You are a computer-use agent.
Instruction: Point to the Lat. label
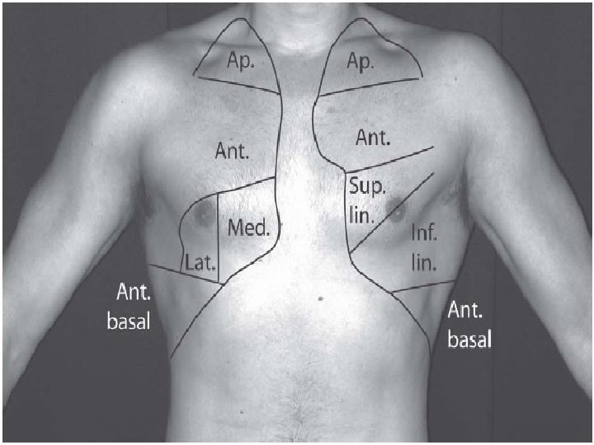[200, 265]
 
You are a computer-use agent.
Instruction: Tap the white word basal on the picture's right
[469, 338]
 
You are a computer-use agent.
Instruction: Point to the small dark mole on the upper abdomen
[318, 297]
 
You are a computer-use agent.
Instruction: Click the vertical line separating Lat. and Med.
[217, 239]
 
